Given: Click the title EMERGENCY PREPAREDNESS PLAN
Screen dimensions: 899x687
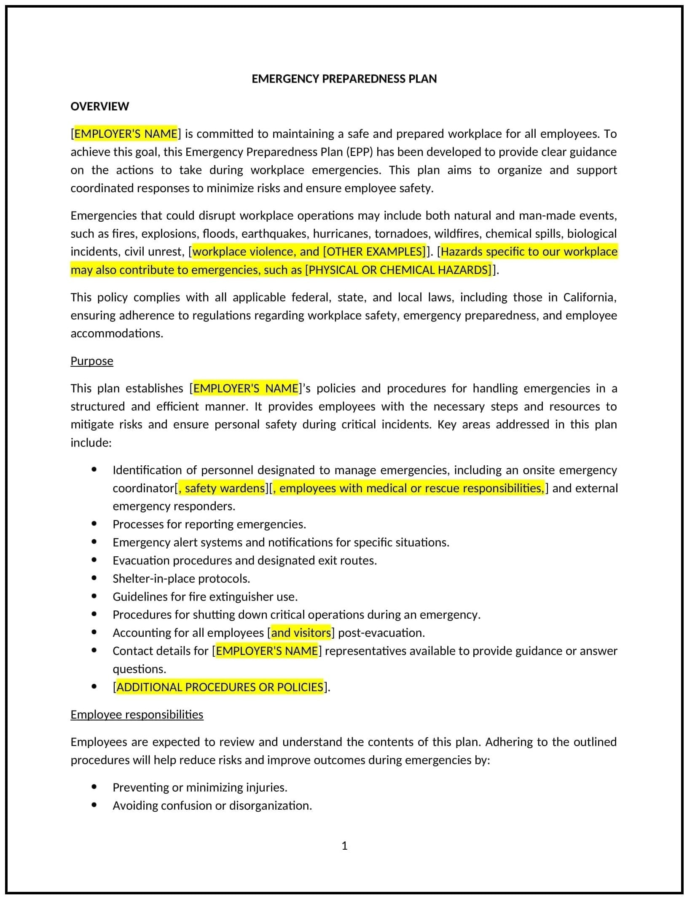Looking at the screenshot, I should coord(344,79).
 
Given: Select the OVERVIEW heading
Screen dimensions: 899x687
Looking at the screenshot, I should coord(99,106).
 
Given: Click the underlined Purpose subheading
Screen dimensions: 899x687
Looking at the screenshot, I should coord(92,361).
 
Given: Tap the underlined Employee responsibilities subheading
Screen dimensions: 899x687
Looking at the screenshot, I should coord(137,714).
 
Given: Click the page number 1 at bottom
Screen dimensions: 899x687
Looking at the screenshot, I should coord(344,845).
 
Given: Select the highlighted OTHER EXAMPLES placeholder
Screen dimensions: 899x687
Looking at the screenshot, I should coord(374,252).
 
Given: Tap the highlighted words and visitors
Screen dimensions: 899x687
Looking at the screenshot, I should coord(301,633).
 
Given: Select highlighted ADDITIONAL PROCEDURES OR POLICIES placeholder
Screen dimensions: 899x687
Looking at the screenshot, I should coord(220,687).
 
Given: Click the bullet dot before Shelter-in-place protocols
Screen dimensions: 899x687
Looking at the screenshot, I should coord(94,578).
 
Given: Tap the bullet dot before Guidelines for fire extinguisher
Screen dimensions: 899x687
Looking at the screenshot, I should coord(94,596).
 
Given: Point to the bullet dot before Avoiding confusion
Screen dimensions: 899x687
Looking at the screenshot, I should coord(94,805).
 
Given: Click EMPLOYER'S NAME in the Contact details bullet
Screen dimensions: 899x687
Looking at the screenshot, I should coord(267,651).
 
